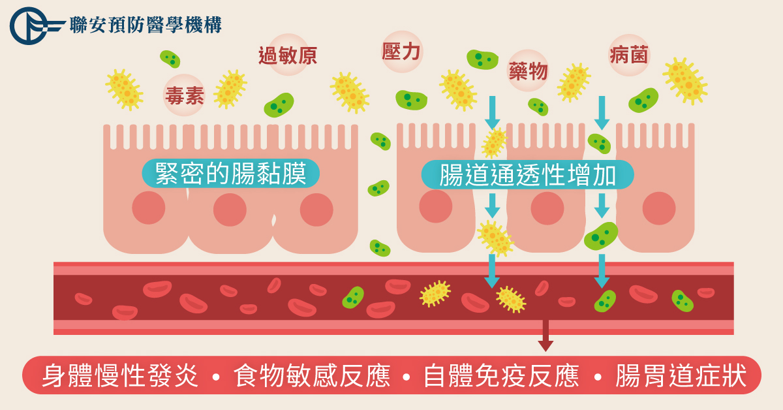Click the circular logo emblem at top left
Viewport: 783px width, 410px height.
pos(29,26)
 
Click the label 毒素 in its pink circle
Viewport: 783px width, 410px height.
pos(184,95)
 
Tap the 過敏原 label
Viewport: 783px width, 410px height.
pos(288,55)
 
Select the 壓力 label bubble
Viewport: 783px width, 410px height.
pos(402,52)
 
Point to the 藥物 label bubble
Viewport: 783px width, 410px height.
pos(528,71)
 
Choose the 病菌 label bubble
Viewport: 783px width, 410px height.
pos(629,55)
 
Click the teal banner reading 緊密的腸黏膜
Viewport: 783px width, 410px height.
pos(231,173)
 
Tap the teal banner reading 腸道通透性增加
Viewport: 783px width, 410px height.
pos(527,174)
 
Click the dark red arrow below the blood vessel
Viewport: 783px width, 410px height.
pos(545,335)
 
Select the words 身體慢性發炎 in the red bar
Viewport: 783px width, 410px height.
pos(120,375)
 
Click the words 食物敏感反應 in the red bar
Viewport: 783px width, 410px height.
pos(311,375)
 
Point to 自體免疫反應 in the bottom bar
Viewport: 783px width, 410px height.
pos(501,375)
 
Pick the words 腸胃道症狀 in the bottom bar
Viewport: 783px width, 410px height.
pos(681,375)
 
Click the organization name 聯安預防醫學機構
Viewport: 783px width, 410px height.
pos(146,25)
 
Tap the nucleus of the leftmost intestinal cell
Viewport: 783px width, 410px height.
pos(149,208)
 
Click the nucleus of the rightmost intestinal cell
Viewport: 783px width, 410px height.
pos(659,208)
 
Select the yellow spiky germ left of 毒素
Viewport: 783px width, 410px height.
pos(125,89)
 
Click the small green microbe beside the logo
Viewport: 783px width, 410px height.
pos(170,59)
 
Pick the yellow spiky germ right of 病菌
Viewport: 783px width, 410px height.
pos(685,81)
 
